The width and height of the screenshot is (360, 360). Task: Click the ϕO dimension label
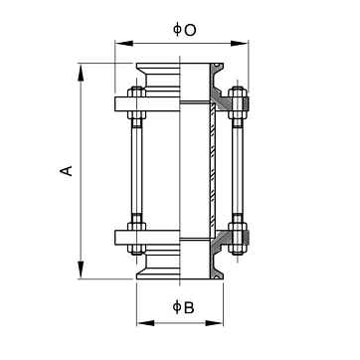click(x=185, y=30)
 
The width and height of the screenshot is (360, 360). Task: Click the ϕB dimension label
click(x=183, y=307)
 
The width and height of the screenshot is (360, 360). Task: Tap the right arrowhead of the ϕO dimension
click(x=240, y=44)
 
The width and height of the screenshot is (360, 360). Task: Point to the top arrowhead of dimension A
click(x=81, y=73)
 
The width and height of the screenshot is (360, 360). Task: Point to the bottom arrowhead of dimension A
click(x=81, y=270)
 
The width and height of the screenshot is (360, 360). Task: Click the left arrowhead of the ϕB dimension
click(x=145, y=323)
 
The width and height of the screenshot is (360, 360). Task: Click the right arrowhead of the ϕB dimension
click(x=214, y=323)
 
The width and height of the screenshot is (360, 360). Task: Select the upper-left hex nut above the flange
click(x=136, y=91)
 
